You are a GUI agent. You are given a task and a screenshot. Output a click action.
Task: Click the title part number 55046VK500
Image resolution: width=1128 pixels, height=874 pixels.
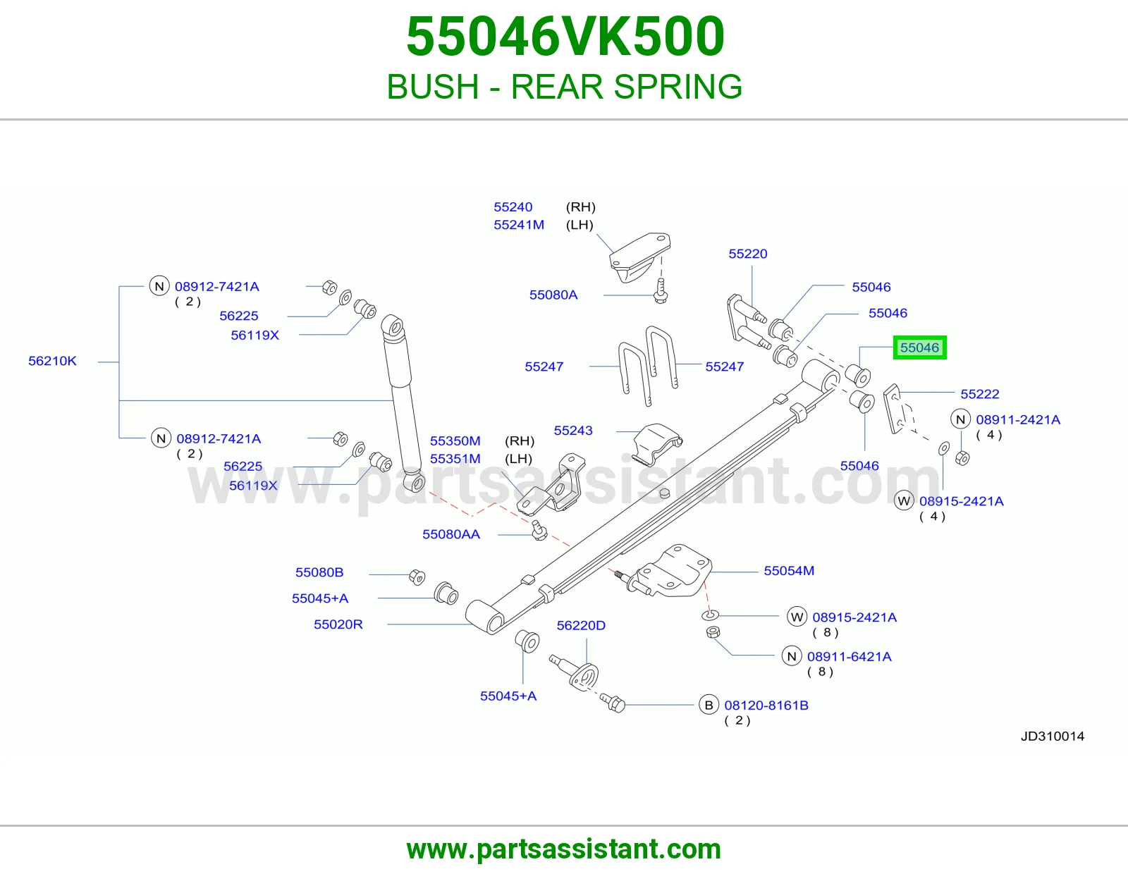pyautogui.click(x=565, y=37)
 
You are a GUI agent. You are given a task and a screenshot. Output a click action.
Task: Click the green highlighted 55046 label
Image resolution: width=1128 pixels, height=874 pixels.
pyautogui.click(x=919, y=347)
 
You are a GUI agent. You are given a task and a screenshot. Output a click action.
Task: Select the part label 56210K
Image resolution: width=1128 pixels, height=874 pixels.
pyautogui.click(x=52, y=361)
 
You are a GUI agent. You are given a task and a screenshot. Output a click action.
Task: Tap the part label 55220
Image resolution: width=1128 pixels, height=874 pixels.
pyautogui.click(x=747, y=254)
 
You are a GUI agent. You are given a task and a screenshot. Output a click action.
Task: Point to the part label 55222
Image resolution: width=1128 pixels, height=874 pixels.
pyautogui.click(x=979, y=395)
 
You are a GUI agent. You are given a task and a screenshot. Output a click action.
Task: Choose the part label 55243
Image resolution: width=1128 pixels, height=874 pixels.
pyautogui.click(x=573, y=431)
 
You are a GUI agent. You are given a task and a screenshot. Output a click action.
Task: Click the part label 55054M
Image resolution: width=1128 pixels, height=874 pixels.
pyautogui.click(x=789, y=571)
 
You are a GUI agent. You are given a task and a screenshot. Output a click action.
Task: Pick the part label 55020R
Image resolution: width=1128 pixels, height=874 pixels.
pyautogui.click(x=338, y=624)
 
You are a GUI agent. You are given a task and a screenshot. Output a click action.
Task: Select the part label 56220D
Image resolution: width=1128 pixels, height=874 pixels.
pyautogui.click(x=581, y=625)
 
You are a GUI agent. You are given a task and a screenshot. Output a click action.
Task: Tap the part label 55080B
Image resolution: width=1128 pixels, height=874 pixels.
pyautogui.click(x=319, y=572)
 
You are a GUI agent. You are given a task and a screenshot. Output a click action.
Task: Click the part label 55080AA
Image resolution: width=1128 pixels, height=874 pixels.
pyautogui.click(x=451, y=534)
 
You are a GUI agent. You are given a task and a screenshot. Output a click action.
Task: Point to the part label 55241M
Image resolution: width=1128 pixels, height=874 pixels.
pyautogui.click(x=519, y=225)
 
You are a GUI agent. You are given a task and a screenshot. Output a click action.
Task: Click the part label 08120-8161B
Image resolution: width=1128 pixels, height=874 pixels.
pyautogui.click(x=766, y=706)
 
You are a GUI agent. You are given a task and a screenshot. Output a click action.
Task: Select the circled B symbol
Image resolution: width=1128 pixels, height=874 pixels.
pyautogui.click(x=709, y=706)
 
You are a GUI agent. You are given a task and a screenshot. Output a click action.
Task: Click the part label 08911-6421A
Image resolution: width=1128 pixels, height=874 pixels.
pyautogui.click(x=850, y=656)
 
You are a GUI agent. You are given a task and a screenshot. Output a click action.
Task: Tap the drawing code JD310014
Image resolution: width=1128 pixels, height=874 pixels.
pyautogui.click(x=1052, y=737)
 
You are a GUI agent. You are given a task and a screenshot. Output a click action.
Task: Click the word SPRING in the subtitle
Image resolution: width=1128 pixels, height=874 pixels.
pyautogui.click(x=678, y=87)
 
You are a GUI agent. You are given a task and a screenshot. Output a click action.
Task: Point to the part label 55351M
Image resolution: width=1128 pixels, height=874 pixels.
pyautogui.click(x=455, y=459)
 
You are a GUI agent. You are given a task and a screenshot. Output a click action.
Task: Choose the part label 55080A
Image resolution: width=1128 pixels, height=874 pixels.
pyautogui.click(x=553, y=295)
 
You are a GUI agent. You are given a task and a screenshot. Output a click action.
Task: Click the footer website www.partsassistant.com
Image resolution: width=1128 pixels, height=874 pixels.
pyautogui.click(x=564, y=849)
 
